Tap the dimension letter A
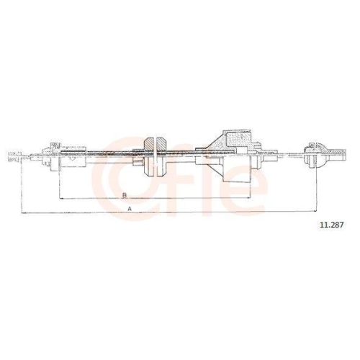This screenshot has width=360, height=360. click(129, 208)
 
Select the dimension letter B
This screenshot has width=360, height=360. click(125, 195)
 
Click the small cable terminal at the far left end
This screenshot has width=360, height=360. click(12, 156)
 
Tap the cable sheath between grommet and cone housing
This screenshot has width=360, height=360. click(184, 153)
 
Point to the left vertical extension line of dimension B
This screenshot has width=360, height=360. click(58, 180)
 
